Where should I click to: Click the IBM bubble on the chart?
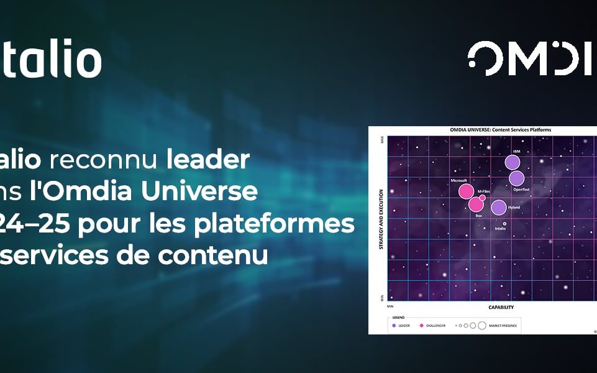[x=512, y=162]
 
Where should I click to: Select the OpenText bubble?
[x=517, y=178]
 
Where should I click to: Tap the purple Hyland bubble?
[x=498, y=208]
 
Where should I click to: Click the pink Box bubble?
[x=476, y=204]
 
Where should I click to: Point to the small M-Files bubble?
[x=482, y=198]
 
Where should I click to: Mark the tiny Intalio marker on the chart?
[x=504, y=223]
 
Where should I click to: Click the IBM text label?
[x=516, y=152]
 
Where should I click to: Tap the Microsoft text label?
[x=458, y=180]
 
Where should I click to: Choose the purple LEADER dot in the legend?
[x=394, y=325]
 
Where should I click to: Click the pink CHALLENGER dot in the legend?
[x=421, y=325]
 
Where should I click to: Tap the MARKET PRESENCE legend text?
[x=503, y=325]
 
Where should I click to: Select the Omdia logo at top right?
[x=531, y=58]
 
